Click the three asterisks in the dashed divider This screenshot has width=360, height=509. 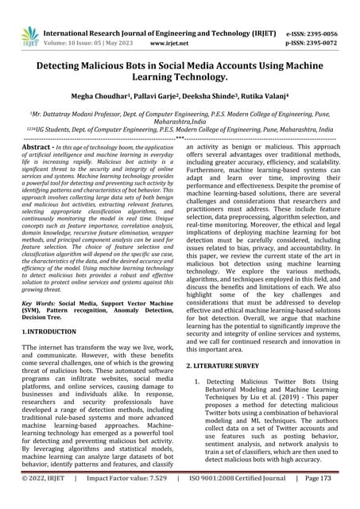[180, 138]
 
